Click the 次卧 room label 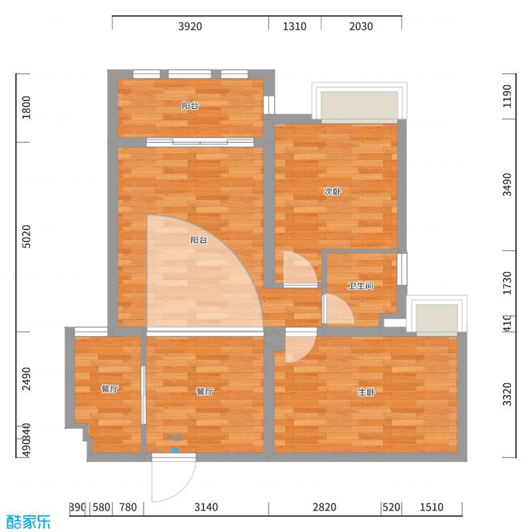click(x=332, y=192)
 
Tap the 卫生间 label click(x=360, y=286)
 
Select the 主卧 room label click(x=366, y=392)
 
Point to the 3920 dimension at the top click(x=190, y=27)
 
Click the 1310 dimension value click(x=295, y=27)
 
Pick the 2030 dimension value click(x=361, y=27)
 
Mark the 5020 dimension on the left click(x=27, y=237)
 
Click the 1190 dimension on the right click(x=507, y=96)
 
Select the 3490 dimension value click(x=507, y=184)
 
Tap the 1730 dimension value click(x=507, y=283)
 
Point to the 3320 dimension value click(x=507, y=394)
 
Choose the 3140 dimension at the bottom click(x=206, y=508)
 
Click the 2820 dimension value click(x=325, y=508)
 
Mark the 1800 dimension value click(x=27, y=108)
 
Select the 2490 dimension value click(x=27, y=379)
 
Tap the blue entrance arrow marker click(x=174, y=450)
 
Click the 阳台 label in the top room click(x=190, y=105)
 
